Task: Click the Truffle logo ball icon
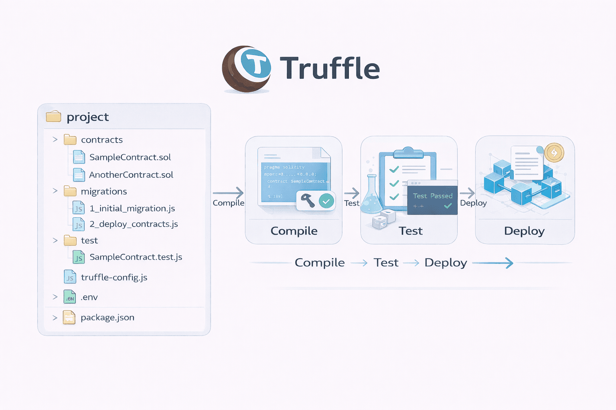coord(246,69)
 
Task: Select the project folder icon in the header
coord(53,117)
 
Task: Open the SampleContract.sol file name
coord(130,157)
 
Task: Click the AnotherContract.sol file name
coord(131,175)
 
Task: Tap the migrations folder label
coord(104,192)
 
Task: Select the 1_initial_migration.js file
coord(132,209)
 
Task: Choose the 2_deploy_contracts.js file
coord(134,224)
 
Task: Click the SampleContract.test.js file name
coord(136,257)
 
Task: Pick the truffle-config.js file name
coord(114,277)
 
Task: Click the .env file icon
coord(70,297)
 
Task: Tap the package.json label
coord(107,318)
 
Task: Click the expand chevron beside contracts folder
coord(55,140)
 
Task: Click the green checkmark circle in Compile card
coord(326,201)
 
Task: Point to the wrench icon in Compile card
coord(308,200)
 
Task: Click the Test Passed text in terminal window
coord(432,196)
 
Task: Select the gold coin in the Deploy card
coord(554,153)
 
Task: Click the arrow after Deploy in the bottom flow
coord(493,263)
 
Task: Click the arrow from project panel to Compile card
coord(228,193)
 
